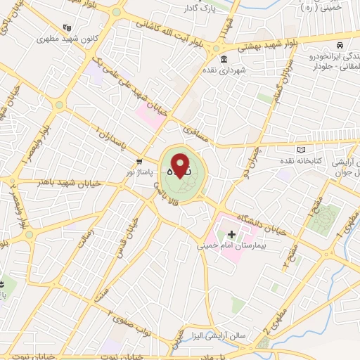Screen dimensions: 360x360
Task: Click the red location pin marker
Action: pyautogui.click(x=181, y=166)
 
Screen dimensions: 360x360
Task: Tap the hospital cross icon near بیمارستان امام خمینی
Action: pyautogui.click(x=231, y=234)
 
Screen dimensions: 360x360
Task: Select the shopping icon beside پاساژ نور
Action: pyautogui.click(x=140, y=160)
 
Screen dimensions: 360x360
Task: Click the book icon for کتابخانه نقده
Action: pyautogui.click(x=302, y=150)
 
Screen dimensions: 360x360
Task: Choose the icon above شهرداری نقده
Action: pyautogui.click(x=224, y=58)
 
